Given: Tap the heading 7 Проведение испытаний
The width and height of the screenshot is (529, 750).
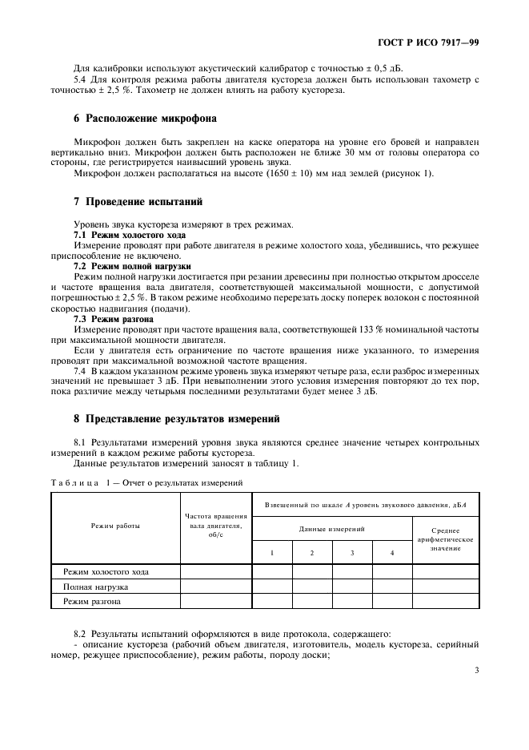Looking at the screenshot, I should (x=138, y=202).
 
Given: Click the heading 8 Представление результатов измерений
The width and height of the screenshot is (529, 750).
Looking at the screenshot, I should (x=177, y=417).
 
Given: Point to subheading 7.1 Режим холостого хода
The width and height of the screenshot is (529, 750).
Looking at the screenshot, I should (x=130, y=235).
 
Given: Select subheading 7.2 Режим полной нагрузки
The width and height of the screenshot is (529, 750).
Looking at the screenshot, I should (x=131, y=264).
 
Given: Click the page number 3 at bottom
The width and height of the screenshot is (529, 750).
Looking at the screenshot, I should (x=476, y=671).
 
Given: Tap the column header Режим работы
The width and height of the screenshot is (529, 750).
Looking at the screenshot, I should (x=116, y=526).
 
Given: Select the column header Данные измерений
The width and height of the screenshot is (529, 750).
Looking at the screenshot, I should (x=332, y=530).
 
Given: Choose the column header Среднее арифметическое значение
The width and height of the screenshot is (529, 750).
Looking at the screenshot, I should (x=445, y=538).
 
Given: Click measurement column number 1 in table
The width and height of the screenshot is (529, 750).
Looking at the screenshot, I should (x=273, y=553).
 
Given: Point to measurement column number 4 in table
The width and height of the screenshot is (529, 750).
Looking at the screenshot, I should (x=391, y=553).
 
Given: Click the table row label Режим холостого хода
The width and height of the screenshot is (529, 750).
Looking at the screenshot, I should (x=106, y=571).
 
